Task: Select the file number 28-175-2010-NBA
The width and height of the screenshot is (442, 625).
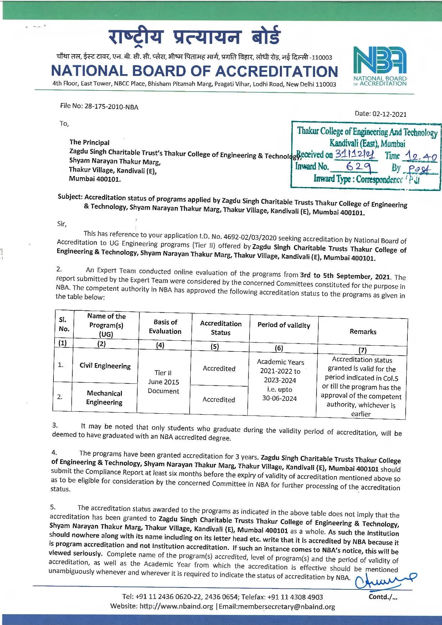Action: pos(111,107)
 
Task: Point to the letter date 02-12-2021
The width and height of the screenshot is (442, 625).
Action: pos(389,114)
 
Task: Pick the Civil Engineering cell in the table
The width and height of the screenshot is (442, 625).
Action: pos(105,366)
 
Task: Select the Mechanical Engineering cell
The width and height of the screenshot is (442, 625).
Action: pos(104,398)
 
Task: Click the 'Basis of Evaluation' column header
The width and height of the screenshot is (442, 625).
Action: pos(165,326)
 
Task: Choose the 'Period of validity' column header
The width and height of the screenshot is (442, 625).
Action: pos(284,325)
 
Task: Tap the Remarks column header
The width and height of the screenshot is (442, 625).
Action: pos(363,331)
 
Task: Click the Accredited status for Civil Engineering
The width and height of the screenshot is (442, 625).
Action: pos(219,368)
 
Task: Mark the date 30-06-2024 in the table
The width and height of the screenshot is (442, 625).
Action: pos(279,398)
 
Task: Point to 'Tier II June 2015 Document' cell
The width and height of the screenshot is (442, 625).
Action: pos(163,382)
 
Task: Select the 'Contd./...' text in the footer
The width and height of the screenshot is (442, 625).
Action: pos(383,597)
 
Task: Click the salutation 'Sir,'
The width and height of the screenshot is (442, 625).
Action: pos(62,224)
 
